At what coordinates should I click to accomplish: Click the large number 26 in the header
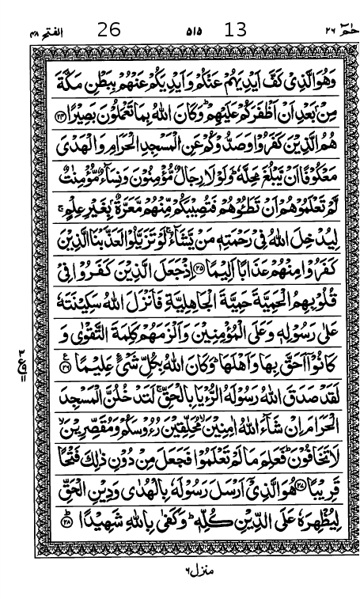pos(109,30)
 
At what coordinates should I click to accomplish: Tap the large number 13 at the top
pos(236,30)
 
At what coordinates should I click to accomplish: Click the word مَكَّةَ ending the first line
pos(74,82)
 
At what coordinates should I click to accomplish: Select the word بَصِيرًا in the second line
pos(81,117)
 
